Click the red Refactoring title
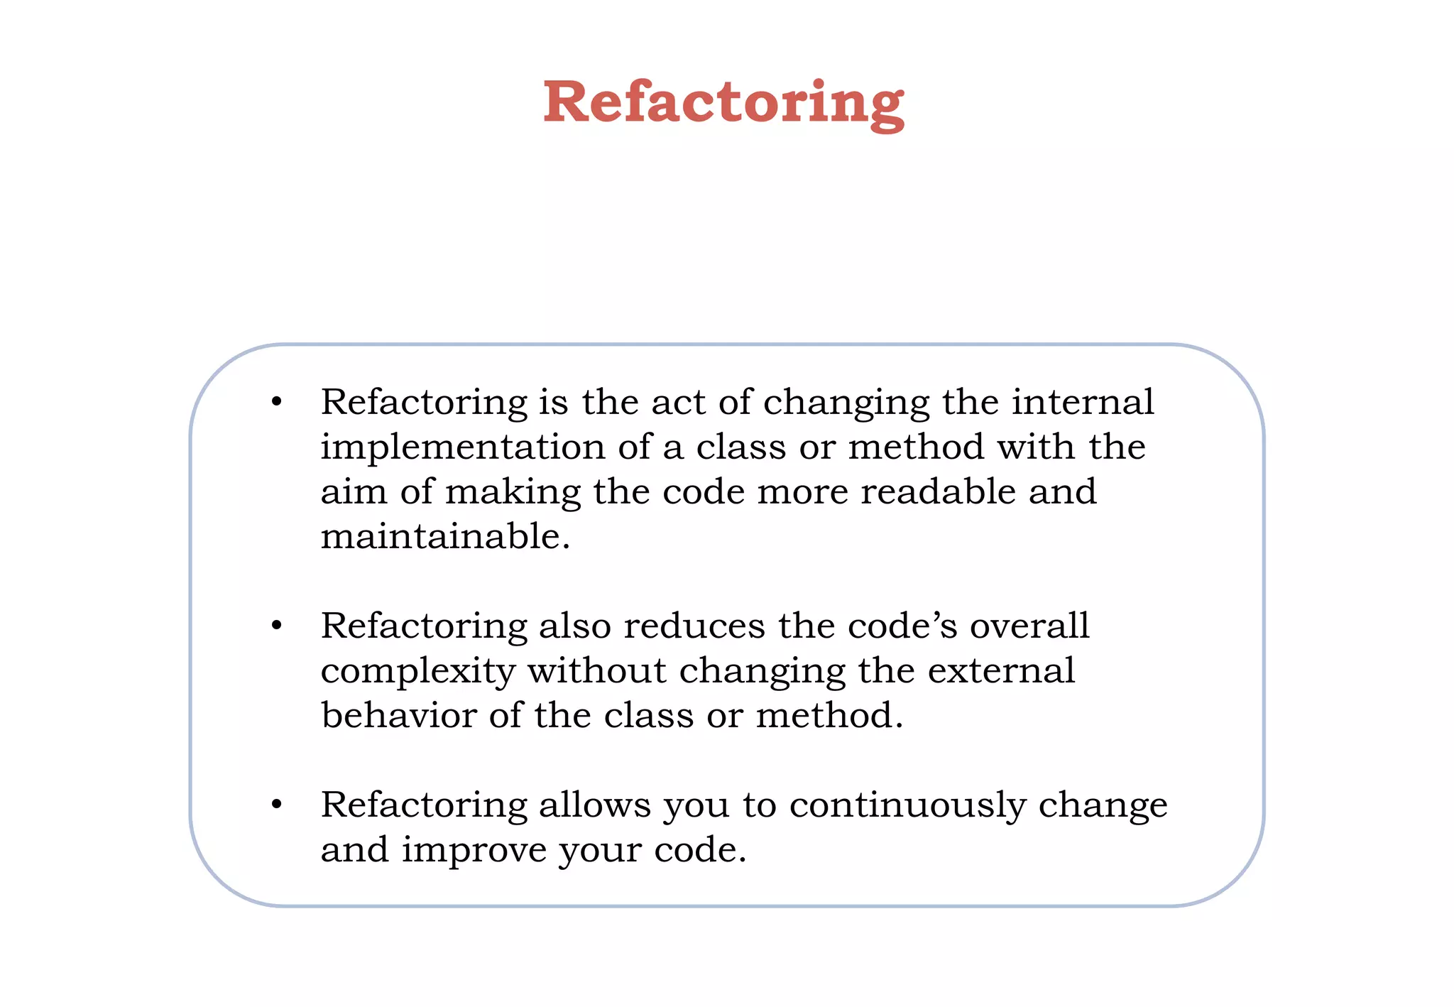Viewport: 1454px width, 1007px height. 723,103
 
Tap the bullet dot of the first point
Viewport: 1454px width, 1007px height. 277,403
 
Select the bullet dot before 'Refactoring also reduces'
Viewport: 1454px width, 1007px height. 277,626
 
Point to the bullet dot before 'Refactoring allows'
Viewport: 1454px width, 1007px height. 277,805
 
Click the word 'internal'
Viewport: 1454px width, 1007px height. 1083,402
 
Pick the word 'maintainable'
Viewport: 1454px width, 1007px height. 445,536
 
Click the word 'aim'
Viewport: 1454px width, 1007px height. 354,491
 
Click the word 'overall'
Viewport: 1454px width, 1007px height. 1029,626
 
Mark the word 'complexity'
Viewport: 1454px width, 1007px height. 417,672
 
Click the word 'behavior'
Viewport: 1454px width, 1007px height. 398,715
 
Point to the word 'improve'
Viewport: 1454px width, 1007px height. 474,851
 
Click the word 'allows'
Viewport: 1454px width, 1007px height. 594,805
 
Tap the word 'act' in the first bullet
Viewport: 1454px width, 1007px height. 678,403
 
